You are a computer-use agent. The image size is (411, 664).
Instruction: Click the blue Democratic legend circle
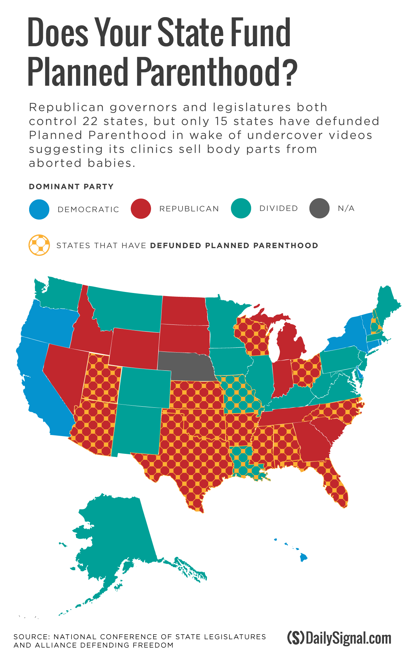tap(39, 209)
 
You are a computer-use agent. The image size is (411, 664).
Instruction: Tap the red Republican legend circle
tap(141, 208)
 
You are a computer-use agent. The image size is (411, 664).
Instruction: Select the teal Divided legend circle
tap(241, 208)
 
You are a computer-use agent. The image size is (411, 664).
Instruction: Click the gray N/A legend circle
tap(319, 208)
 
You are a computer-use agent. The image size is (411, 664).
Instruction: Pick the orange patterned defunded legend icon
tap(39, 245)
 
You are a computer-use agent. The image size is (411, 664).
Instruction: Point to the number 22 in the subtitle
tap(90, 121)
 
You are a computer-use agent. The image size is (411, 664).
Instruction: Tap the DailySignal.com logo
tap(339, 638)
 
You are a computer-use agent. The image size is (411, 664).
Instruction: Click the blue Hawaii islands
tap(303, 558)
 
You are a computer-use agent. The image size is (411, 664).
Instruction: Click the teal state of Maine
tap(389, 305)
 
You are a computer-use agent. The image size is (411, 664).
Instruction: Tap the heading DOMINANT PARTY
tap(71, 187)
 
